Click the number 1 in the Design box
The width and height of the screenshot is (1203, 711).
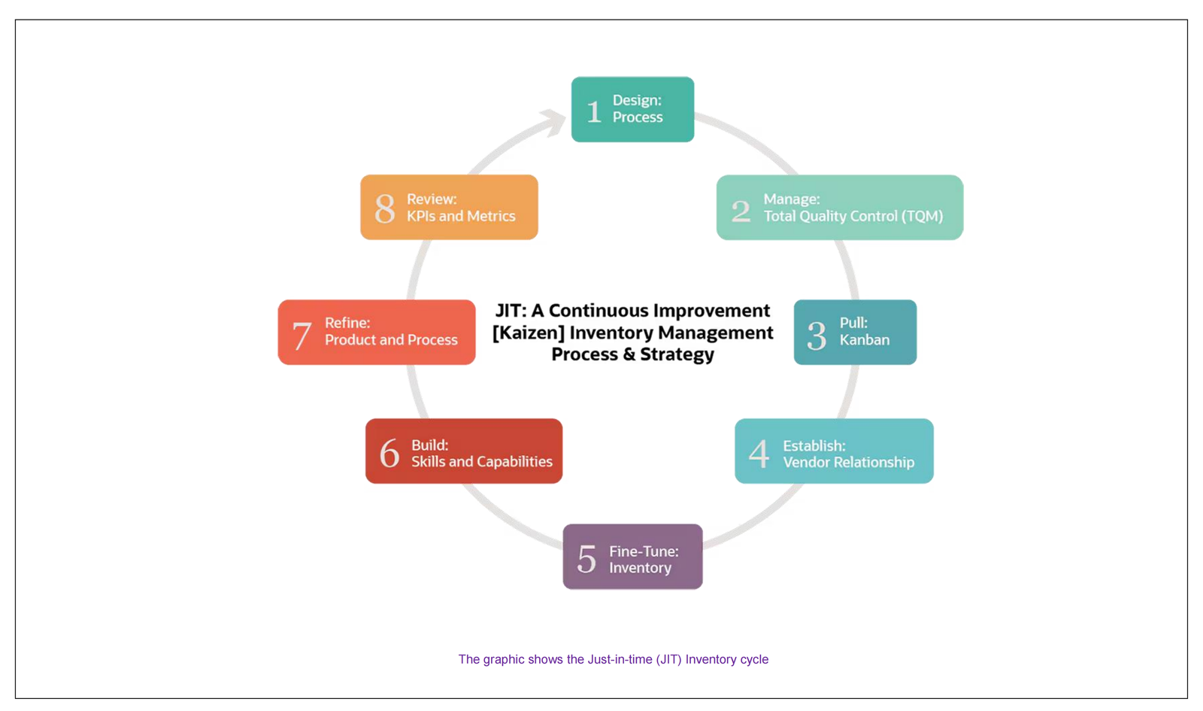point(594,111)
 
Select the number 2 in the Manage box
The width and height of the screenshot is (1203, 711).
point(741,211)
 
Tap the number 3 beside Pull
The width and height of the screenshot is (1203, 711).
point(817,335)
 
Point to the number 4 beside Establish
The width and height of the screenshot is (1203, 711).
point(759,454)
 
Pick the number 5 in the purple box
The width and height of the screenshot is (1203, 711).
point(586,559)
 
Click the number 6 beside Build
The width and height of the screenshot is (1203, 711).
point(389,453)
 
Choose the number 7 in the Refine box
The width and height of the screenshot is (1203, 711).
point(302,335)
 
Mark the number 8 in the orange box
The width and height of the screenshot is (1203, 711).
point(385,208)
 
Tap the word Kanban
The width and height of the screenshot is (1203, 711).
point(865,340)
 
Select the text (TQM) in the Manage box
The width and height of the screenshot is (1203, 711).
point(921,217)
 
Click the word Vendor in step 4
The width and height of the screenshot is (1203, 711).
point(808,462)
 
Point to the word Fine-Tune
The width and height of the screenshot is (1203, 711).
point(644,551)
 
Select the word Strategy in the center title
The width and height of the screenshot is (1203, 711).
point(677,354)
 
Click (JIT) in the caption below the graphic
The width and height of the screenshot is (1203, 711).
point(668,659)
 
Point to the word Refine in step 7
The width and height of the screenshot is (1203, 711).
point(347,323)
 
